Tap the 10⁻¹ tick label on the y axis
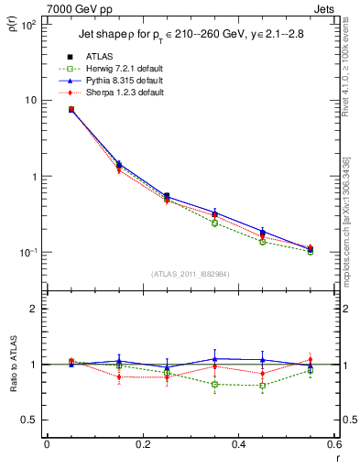pos(29,252)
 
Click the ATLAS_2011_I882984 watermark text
pos(190,273)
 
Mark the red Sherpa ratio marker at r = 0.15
pos(118,376)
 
